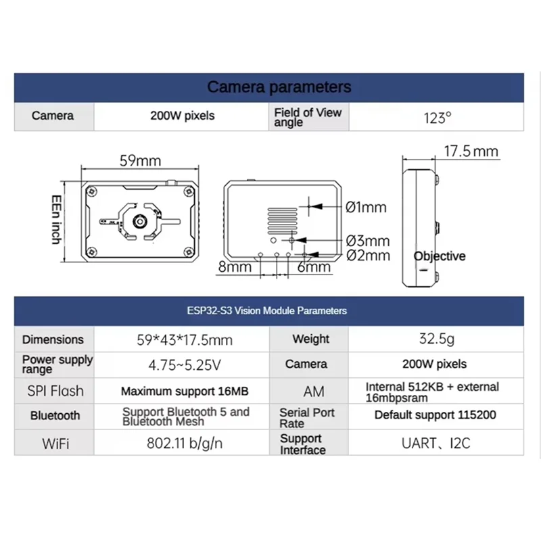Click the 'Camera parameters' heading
click(279, 87)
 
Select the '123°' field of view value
click(437, 117)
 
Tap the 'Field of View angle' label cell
click(308, 117)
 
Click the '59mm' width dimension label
click(140, 161)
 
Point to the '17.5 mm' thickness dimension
click(471, 151)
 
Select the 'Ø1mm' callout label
click(366, 207)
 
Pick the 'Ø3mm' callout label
click(367, 241)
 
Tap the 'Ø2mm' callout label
click(367, 255)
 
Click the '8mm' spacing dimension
click(234, 267)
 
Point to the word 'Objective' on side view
click(440, 256)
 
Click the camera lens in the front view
click(139, 220)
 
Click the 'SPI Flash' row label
click(56, 391)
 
